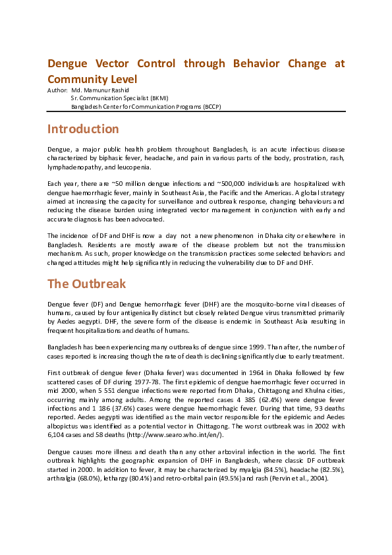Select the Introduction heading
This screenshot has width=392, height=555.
tap(83, 129)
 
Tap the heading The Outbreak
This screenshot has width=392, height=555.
tap(86, 284)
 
